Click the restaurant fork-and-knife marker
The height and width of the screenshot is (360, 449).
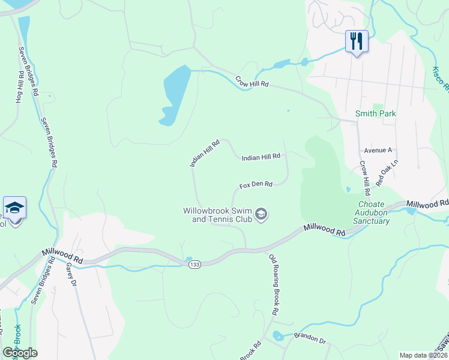357,41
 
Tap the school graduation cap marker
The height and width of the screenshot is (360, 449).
14,208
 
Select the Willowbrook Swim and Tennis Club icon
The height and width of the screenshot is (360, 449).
261,214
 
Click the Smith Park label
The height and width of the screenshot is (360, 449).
376,113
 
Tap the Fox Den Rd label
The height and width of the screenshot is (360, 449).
256,185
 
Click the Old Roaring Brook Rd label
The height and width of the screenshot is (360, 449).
274,284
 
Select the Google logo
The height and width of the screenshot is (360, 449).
20,353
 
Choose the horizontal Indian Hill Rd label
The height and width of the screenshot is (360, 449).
261,157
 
